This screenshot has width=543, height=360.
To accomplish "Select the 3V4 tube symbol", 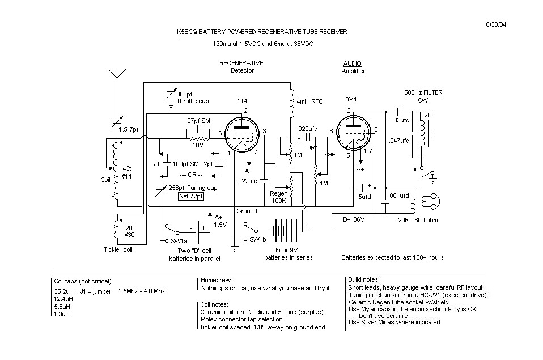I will (x=354, y=135).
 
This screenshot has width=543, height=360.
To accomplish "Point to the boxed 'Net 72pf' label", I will (x=191, y=197).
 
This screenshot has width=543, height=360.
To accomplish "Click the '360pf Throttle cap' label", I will (x=192, y=98).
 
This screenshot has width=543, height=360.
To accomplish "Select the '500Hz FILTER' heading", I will (x=423, y=92).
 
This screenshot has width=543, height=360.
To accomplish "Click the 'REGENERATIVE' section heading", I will (x=241, y=63).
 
